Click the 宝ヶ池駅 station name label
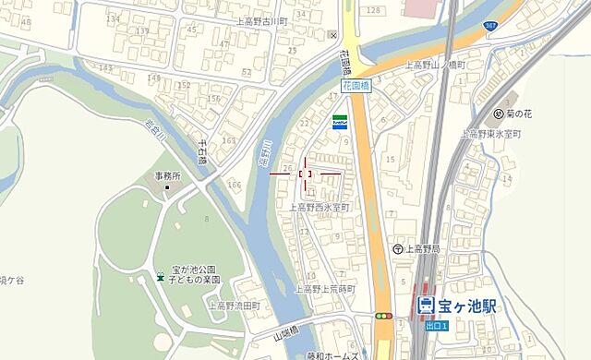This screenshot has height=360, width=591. point(466,305)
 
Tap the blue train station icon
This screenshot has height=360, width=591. point(426,305)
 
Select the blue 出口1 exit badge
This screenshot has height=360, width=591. point(436,325)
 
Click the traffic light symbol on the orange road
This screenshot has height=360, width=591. point(382,316)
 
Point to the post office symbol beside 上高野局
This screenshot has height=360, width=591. point(397,248)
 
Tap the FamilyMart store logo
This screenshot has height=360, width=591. point(341,121)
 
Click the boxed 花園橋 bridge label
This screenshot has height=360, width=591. point(356,85)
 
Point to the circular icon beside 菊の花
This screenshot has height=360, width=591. point(499,114)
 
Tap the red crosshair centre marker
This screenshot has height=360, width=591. point(305,173)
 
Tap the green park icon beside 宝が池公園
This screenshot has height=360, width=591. point(161,278)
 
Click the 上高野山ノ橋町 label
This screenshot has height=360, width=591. point(438,66)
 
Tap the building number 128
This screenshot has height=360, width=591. point(372,10)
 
